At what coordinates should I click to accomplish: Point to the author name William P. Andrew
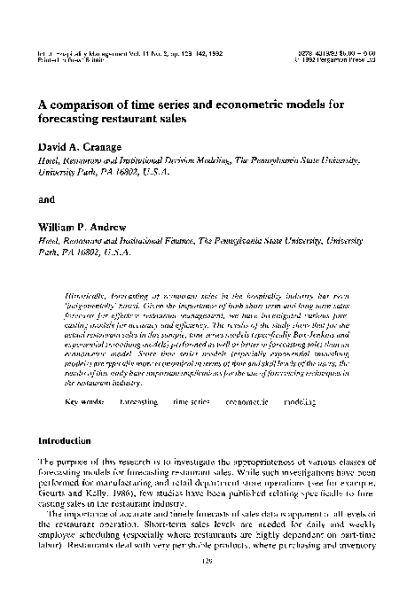[x=82, y=226]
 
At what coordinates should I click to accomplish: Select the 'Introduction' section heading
[x=63, y=439]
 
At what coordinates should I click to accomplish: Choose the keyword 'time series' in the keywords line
[x=192, y=402]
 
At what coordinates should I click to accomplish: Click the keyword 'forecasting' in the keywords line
[x=138, y=402]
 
